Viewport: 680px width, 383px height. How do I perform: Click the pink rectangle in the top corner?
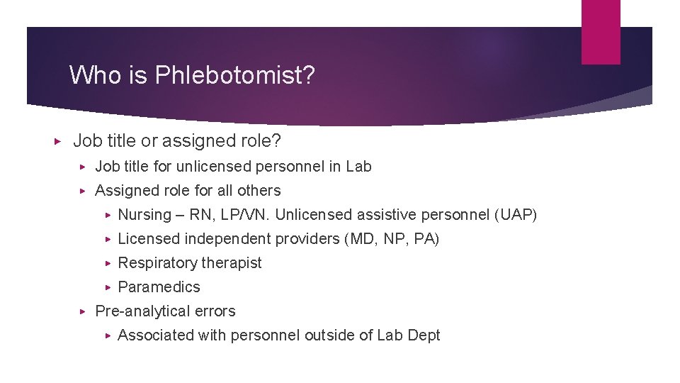pos(601,31)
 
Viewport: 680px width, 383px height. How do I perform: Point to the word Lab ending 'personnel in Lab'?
pos(358,167)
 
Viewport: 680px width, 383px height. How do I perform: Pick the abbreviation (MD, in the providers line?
pos(361,239)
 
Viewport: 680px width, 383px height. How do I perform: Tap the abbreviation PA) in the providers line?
pos(426,239)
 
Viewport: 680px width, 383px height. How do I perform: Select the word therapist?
pos(229,263)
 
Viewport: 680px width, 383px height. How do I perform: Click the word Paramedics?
pos(159,287)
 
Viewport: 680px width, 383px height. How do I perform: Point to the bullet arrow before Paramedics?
pos(108,287)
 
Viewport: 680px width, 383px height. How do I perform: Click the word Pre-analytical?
pos(139,311)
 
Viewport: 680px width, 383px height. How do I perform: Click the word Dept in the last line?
pos(424,335)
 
